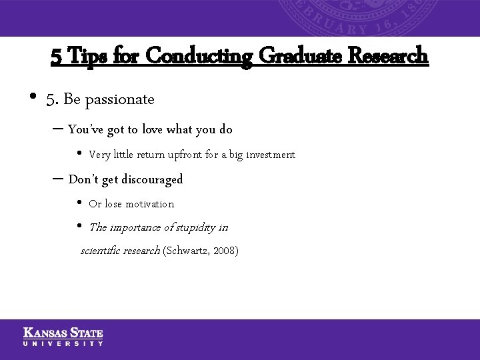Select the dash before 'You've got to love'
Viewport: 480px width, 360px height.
pyautogui.click(x=57, y=129)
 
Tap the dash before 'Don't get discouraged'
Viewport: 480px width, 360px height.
pyautogui.click(x=57, y=179)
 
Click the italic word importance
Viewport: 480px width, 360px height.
pyautogui.click(x=132, y=227)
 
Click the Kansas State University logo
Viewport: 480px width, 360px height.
pyautogui.click(x=63, y=336)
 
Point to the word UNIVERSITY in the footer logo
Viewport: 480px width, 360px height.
pyautogui.click(x=63, y=343)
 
